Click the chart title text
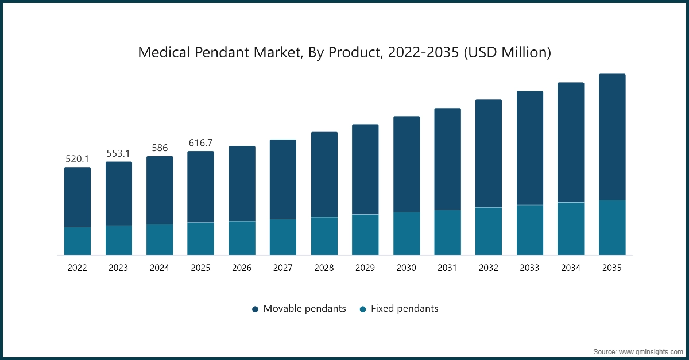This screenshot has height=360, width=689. tap(344, 53)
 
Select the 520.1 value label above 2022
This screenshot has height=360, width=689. tap(77, 158)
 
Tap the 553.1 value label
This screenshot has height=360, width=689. tap(118, 153)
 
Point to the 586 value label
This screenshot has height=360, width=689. tap(160, 148)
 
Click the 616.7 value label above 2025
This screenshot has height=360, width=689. tap(200, 142)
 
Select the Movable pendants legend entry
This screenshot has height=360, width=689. tap(299, 309)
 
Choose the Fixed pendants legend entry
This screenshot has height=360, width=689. tap(398, 309)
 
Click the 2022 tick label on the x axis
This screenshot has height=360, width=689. tap(77, 268)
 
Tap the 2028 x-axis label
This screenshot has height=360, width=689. tap(324, 268)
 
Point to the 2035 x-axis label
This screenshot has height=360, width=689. tap(612, 268)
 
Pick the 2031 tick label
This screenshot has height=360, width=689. tap(447, 268)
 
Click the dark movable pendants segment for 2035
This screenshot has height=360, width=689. tap(612, 137)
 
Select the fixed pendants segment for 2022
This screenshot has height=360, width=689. tap(77, 241)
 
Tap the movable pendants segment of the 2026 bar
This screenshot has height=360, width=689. tap(242, 184)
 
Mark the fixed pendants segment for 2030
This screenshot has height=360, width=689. tap(407, 233)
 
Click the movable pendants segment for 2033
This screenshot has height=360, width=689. tap(530, 148)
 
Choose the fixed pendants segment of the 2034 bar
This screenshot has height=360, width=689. tap(571, 229)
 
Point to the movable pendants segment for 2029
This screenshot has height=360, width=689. tap(365, 169)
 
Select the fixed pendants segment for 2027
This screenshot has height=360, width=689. tap(283, 237)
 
